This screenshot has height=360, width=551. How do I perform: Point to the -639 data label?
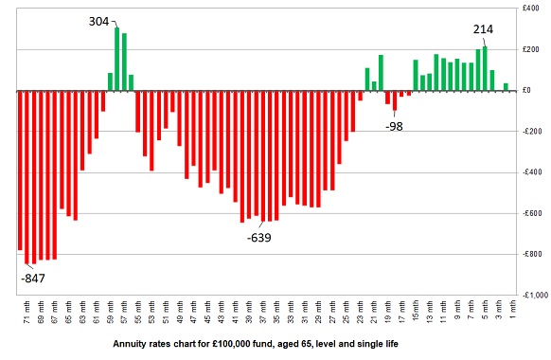258,237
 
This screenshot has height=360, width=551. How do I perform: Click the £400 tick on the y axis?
531,9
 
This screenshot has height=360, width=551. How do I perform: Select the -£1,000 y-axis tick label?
528,295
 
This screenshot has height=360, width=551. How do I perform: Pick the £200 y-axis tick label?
531,49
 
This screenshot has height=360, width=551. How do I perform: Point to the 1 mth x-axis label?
512,311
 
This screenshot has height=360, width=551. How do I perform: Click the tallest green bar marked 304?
117,59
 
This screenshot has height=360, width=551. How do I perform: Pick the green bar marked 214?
485,68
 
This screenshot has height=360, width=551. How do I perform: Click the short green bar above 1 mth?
506,87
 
